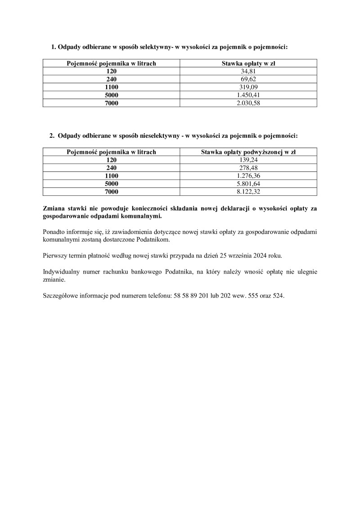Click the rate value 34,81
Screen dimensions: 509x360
(x=248, y=71)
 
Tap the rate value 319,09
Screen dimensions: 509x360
(x=248, y=87)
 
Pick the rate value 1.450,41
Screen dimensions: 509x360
(x=248, y=95)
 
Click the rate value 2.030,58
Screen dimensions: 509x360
(x=248, y=103)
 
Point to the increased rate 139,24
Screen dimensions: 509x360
(x=248, y=160)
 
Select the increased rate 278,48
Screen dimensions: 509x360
(x=248, y=168)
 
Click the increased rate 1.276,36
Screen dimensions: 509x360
(x=248, y=176)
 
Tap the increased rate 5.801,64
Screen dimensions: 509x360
(x=248, y=184)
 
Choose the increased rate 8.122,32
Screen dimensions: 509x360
(x=248, y=192)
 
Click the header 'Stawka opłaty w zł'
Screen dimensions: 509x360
(x=248, y=63)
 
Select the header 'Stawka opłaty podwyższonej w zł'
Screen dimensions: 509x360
(x=248, y=152)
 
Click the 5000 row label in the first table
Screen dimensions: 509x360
(x=111, y=95)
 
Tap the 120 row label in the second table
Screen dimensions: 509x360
(x=111, y=160)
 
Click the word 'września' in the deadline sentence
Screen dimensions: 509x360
(x=237, y=256)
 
